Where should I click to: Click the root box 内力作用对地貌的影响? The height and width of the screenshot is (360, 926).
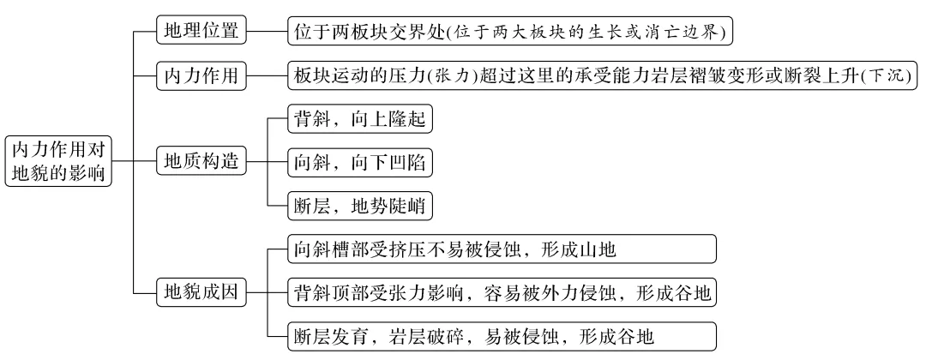coord(58,160)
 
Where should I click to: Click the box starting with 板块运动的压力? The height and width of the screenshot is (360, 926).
coord(603,76)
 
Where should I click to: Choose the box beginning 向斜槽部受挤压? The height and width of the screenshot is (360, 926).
coord(501,249)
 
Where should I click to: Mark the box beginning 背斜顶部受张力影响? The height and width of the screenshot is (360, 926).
coord(501,293)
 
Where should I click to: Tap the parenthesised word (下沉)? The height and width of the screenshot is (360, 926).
coord(892,76)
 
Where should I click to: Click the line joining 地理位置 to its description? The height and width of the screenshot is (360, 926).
coord(268,32)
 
